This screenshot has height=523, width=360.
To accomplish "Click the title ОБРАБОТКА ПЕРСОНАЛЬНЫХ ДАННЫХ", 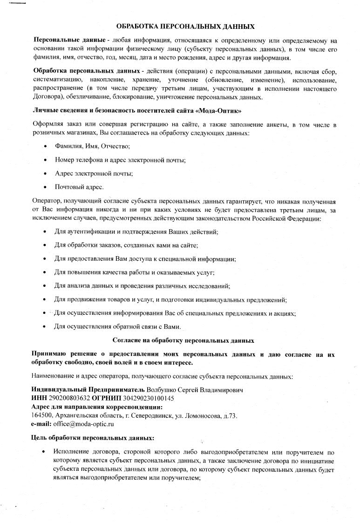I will coord(185,27).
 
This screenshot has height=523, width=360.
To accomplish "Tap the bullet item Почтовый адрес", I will coord(79,187).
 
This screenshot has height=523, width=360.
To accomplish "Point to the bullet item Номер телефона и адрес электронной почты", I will coord(120,160).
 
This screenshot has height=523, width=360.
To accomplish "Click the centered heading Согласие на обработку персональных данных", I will coord(183,340).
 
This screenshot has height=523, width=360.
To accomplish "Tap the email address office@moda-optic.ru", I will coord(83,424).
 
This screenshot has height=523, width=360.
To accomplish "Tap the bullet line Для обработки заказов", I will coord(126,245).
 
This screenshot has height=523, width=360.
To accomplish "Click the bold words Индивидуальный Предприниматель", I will coord(88,389).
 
